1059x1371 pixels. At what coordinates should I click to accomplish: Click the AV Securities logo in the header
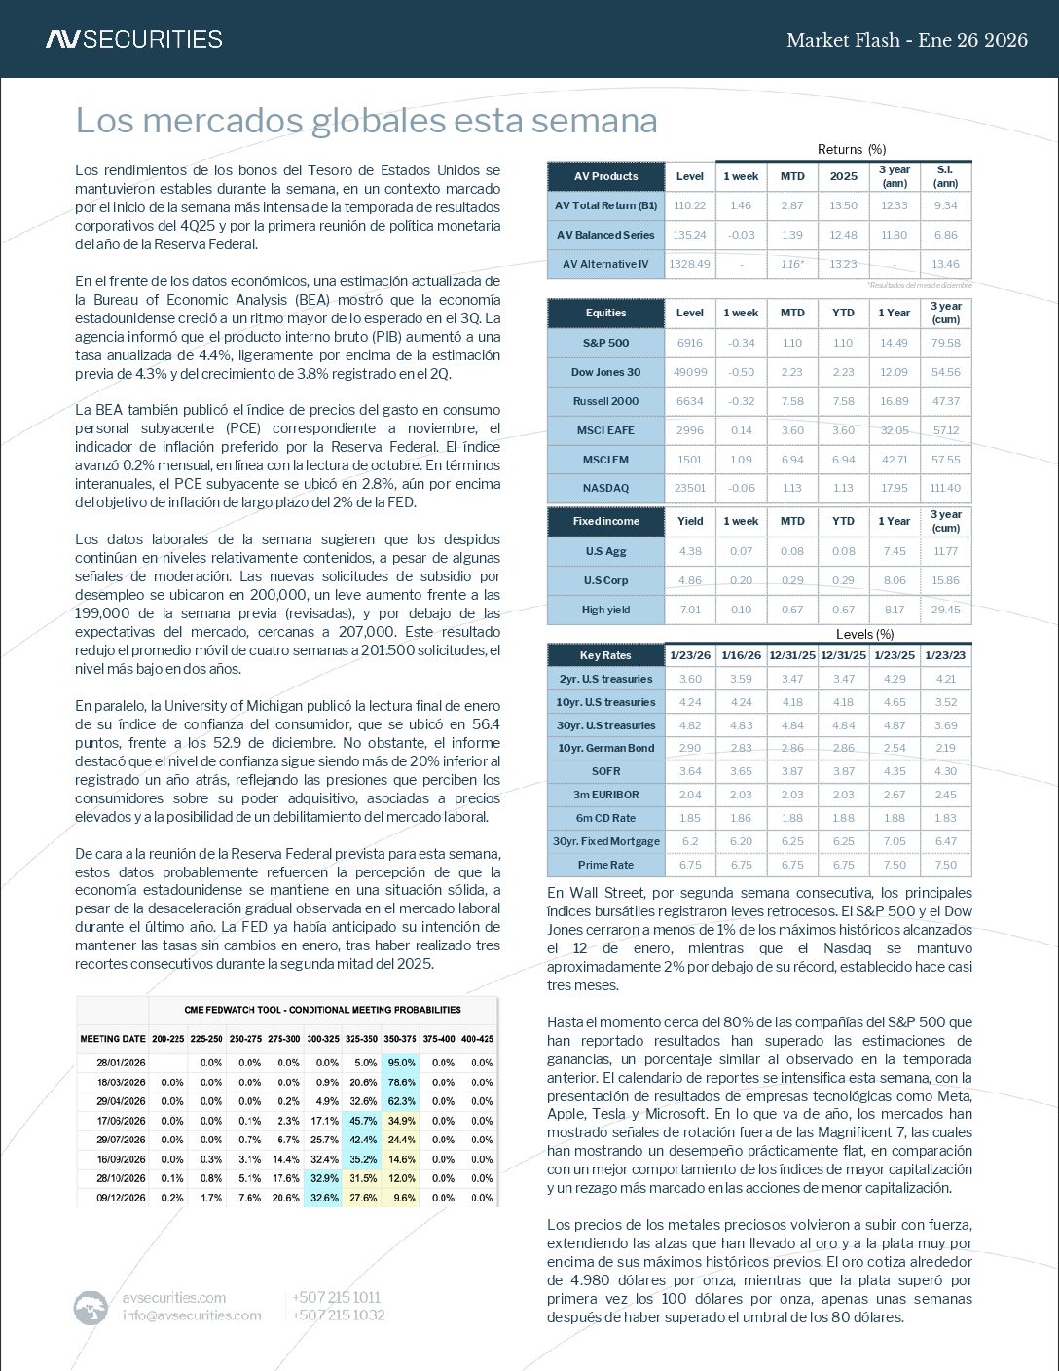coord(133,39)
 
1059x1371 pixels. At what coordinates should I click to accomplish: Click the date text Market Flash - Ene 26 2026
coord(906,40)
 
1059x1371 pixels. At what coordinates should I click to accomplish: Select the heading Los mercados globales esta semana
coord(366,121)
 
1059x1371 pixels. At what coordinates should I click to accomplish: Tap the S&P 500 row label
coord(605,343)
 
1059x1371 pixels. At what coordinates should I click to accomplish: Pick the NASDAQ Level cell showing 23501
coord(689,488)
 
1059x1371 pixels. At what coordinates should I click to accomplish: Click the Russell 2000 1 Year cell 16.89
coord(894,401)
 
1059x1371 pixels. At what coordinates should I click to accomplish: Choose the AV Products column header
coord(605,176)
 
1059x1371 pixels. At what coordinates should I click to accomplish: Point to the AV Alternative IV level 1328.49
coord(689,264)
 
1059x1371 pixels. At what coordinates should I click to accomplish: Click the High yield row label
coord(605,610)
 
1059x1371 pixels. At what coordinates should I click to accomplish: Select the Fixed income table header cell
coord(605,521)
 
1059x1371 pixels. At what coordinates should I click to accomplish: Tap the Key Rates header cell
coord(605,655)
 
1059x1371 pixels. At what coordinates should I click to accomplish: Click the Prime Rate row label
coord(605,865)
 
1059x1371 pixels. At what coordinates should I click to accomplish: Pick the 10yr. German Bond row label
coord(605,748)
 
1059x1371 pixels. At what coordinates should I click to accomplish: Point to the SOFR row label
coord(605,771)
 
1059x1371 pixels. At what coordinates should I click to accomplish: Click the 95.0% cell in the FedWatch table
coord(401,1063)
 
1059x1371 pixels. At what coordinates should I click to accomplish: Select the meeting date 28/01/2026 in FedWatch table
coord(122,1063)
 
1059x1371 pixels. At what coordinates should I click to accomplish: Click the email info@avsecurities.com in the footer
coord(192,1315)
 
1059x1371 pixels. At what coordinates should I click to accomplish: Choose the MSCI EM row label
coord(605,459)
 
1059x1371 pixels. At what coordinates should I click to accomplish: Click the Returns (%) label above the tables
coord(851,149)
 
